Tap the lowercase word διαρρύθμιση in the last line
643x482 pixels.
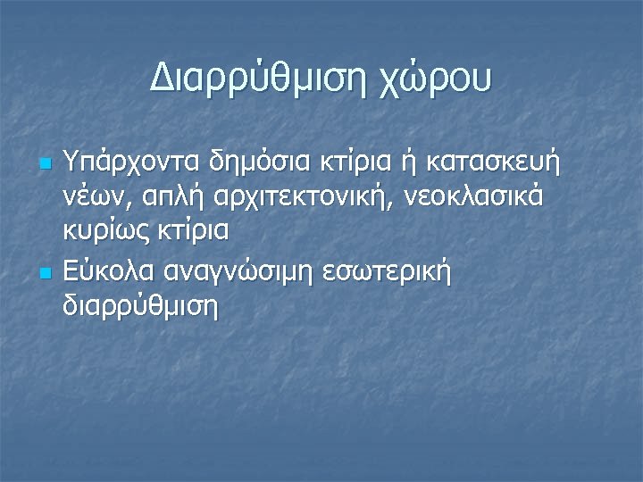(141, 305)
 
